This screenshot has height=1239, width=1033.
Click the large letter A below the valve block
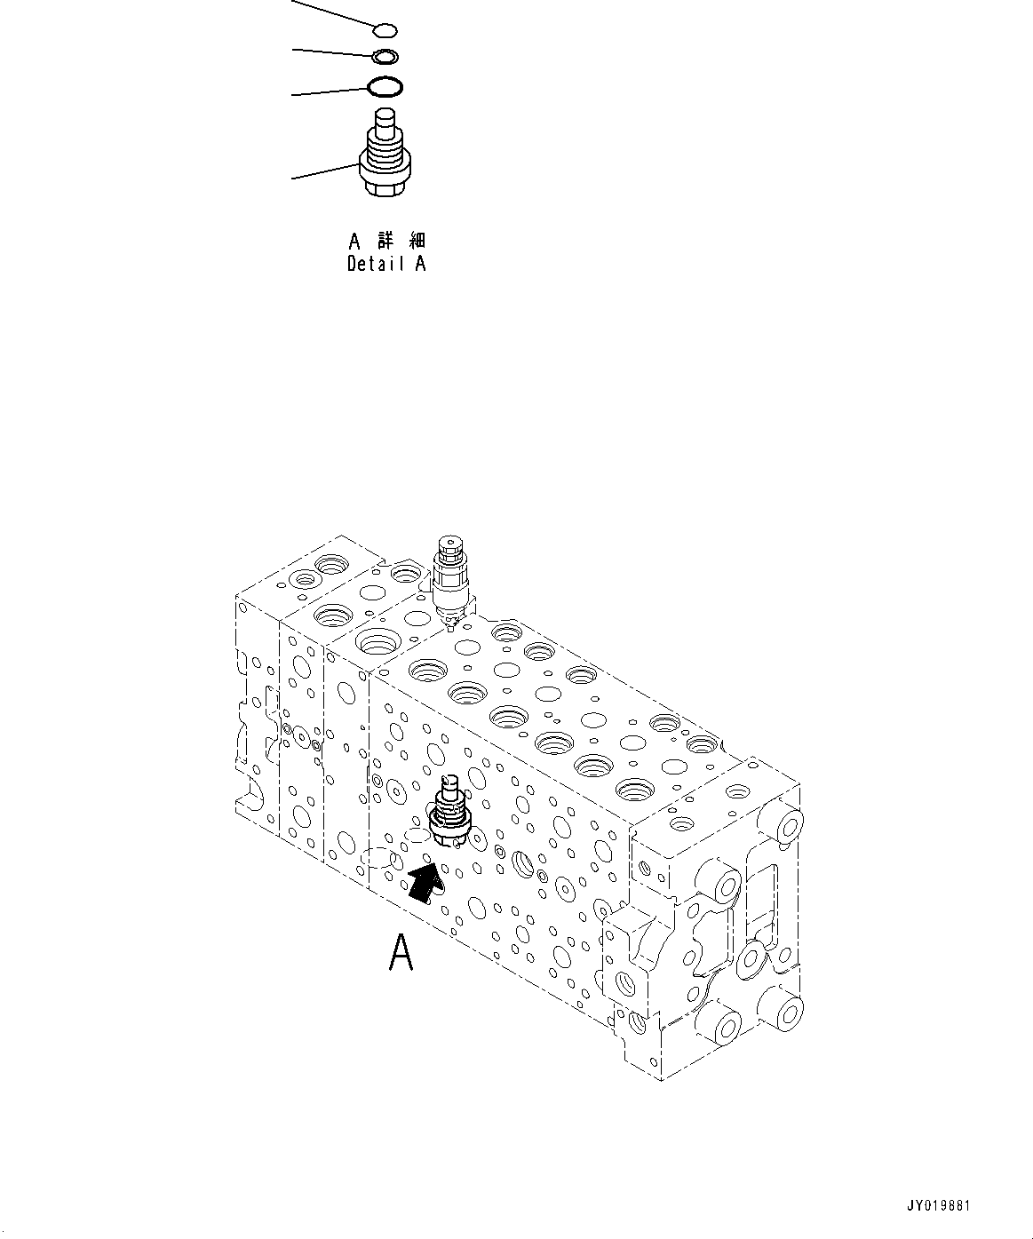point(401,954)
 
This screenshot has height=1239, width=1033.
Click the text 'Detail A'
point(386,264)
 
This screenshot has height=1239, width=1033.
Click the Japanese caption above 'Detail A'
point(386,241)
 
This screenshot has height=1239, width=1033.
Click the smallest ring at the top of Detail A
point(385,32)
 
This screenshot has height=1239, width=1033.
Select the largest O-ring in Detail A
point(385,87)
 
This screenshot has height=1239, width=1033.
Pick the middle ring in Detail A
point(385,58)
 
